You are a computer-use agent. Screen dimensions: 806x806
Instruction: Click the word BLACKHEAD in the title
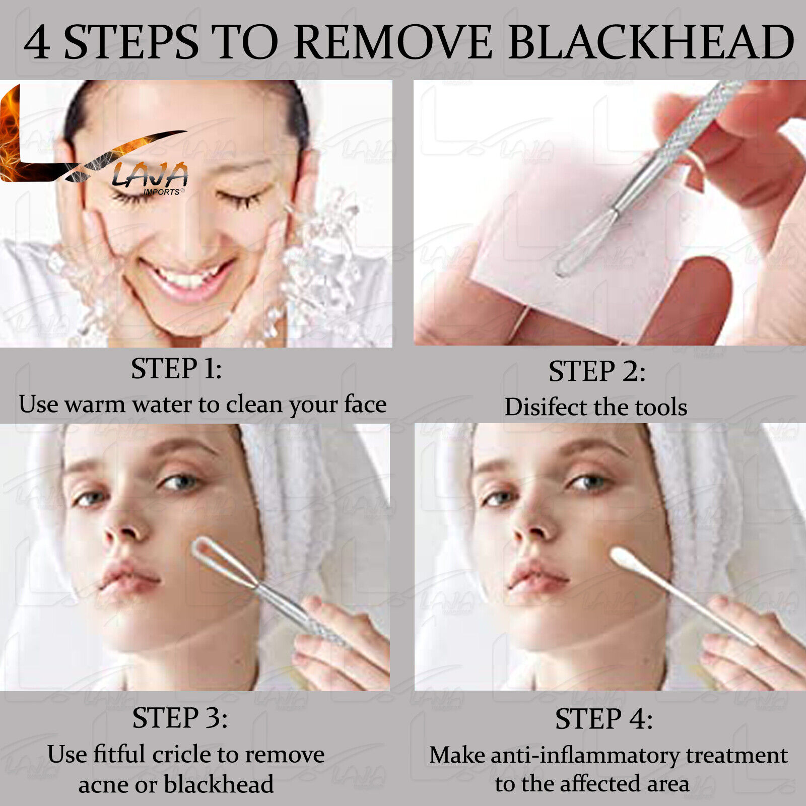651,42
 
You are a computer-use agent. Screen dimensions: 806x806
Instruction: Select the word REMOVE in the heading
393,42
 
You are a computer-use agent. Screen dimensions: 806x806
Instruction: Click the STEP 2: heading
597,372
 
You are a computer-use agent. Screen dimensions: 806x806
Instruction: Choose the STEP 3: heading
179,718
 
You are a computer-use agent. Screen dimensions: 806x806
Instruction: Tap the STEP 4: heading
603,719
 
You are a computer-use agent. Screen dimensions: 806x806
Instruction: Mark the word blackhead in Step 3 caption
219,784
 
